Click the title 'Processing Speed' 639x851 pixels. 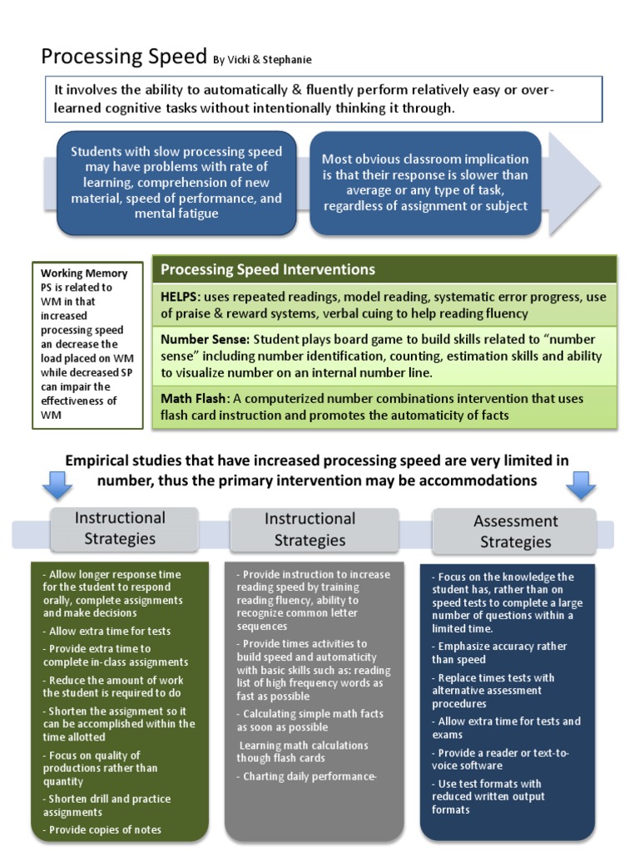click(x=124, y=57)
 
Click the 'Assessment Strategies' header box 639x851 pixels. click(x=515, y=531)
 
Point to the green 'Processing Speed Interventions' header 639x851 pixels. click(x=267, y=269)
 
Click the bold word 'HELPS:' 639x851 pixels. click(x=181, y=297)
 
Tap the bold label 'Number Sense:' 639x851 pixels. click(x=205, y=340)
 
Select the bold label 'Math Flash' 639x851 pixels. click(x=193, y=399)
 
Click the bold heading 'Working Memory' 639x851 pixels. click(x=84, y=273)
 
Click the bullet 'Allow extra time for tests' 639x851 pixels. click(x=109, y=632)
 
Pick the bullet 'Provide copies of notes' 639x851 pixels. click(x=105, y=829)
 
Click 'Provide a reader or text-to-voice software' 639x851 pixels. click(x=502, y=759)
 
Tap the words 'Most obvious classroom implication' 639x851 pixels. click(x=425, y=159)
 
